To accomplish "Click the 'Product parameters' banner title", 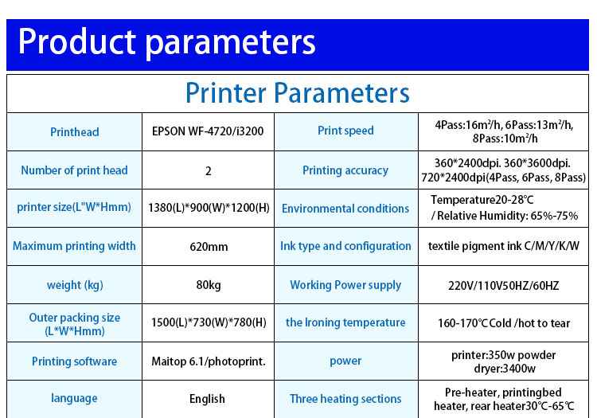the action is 167,43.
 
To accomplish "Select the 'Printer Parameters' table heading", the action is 298,92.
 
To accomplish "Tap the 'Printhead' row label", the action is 75,131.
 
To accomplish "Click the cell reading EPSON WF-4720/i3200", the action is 208,131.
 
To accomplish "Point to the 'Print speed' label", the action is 345,131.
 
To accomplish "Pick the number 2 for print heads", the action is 209,171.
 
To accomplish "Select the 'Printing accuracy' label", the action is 345,170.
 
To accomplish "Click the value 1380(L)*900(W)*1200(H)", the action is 209,208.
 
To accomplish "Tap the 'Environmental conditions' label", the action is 345,209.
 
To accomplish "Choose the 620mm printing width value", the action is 209,247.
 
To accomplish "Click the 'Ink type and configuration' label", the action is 345,246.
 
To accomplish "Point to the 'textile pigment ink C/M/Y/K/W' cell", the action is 504,246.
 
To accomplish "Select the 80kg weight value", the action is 209,285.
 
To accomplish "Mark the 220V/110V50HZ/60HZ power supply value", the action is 503,285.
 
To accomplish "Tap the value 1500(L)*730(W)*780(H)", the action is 209,322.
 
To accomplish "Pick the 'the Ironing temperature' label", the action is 345,322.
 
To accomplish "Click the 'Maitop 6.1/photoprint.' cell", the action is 209,361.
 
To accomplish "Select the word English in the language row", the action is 207,399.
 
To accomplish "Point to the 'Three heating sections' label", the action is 345,399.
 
